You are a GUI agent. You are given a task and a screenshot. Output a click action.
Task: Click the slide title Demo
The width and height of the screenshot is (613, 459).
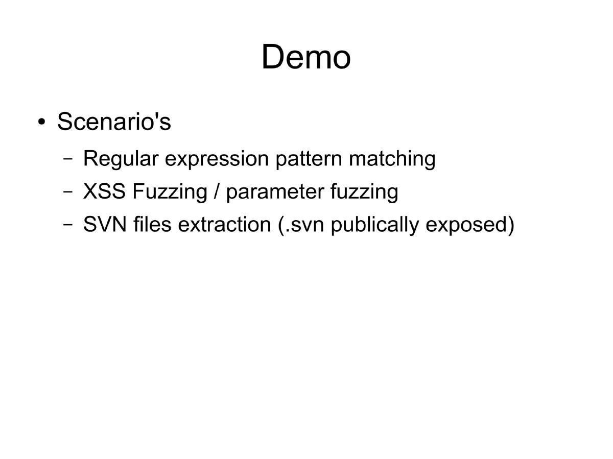pos(306,57)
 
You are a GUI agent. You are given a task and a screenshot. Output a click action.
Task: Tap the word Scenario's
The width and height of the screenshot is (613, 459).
pos(114,122)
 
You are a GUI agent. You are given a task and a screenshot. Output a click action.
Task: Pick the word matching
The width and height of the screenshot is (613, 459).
pos(392,159)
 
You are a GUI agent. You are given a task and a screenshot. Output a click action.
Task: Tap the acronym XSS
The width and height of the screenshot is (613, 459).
pos(104,192)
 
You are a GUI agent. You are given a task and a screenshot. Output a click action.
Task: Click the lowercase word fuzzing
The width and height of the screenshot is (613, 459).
pos(364,192)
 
